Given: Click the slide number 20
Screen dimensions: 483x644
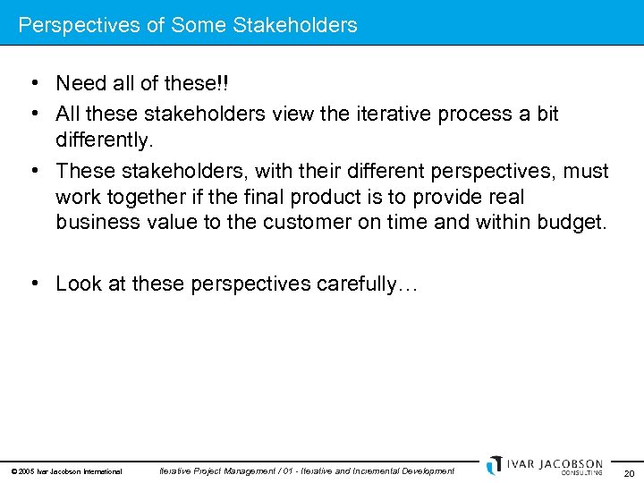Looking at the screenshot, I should [x=629, y=473].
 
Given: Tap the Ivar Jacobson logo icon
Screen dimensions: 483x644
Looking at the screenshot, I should [x=494, y=465].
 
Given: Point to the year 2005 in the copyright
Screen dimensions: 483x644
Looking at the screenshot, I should [x=25, y=471].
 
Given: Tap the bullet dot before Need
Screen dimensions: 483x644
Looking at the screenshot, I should [x=32, y=84].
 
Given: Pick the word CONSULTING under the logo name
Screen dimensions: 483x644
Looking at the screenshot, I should [x=581, y=473].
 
